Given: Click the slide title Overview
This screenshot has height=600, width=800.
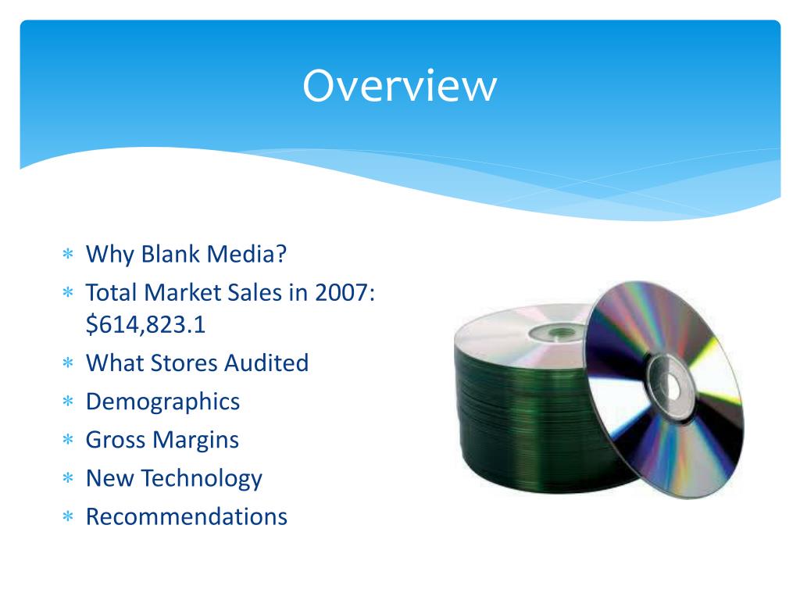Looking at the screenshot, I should click(399, 85).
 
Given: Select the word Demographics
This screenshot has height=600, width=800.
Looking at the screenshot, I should click(162, 402).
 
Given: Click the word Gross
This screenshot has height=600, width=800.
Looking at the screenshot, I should click(116, 440).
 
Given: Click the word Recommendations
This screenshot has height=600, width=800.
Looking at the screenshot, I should click(186, 516).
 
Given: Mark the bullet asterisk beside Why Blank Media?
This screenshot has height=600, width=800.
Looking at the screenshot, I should click(68, 255).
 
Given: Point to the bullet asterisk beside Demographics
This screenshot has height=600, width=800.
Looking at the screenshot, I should click(68, 402).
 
